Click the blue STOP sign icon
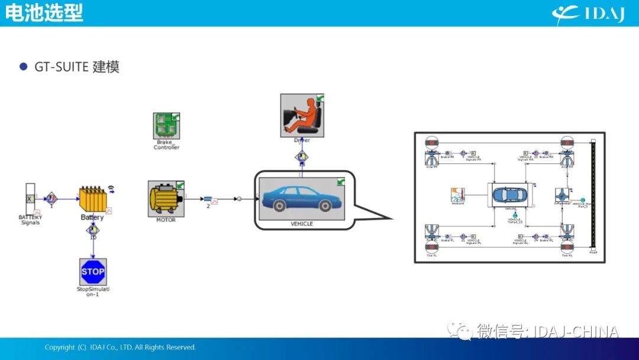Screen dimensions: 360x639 [93, 272]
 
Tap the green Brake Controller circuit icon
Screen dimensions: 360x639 [166, 126]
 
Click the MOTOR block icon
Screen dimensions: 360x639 [166, 199]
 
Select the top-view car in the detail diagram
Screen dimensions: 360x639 [508, 195]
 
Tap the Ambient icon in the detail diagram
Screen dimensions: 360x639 [458, 195]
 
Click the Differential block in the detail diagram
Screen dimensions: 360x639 [561, 195]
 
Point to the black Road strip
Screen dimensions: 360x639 [593, 195]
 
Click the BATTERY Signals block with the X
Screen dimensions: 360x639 [29, 200]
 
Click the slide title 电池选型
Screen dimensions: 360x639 [44, 13]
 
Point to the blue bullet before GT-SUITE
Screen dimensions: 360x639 [24, 67]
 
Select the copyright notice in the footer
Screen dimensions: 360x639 [120, 347]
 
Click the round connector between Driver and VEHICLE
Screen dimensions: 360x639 [302, 157]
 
